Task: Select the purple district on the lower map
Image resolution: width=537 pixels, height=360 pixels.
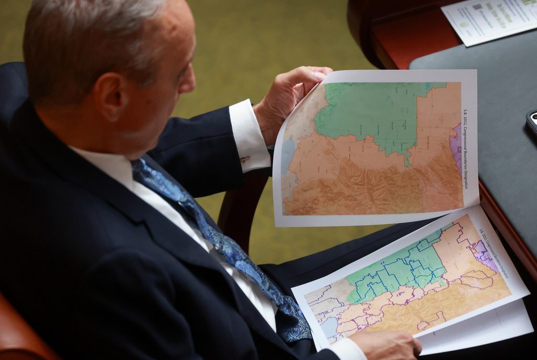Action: [485, 255]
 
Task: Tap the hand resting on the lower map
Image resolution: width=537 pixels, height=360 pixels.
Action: [388, 344]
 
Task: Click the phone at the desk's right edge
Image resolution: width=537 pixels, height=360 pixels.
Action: [532, 122]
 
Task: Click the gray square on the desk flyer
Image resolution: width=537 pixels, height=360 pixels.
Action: [477, 7]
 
